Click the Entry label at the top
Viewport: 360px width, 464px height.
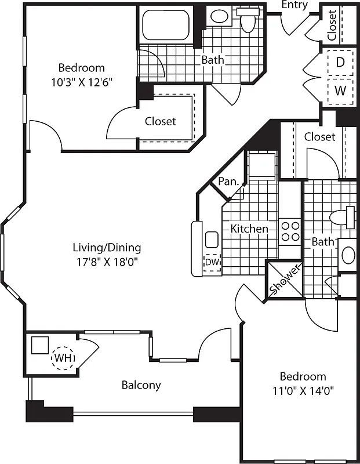(294, 5)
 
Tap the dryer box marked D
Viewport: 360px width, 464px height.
(340, 62)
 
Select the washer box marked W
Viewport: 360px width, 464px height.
(340, 91)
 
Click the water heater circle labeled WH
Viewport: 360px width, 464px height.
(63, 358)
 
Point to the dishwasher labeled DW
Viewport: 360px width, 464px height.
(212, 262)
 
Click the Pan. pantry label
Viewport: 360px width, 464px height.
(228, 182)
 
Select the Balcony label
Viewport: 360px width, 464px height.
(141, 385)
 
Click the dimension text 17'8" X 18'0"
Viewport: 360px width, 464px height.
(107, 261)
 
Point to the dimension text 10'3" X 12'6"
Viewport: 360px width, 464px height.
(81, 81)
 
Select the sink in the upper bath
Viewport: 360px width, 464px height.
(219, 17)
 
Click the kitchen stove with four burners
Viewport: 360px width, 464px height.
(289, 231)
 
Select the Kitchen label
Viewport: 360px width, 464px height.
(249, 229)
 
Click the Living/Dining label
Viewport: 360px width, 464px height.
(107, 248)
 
